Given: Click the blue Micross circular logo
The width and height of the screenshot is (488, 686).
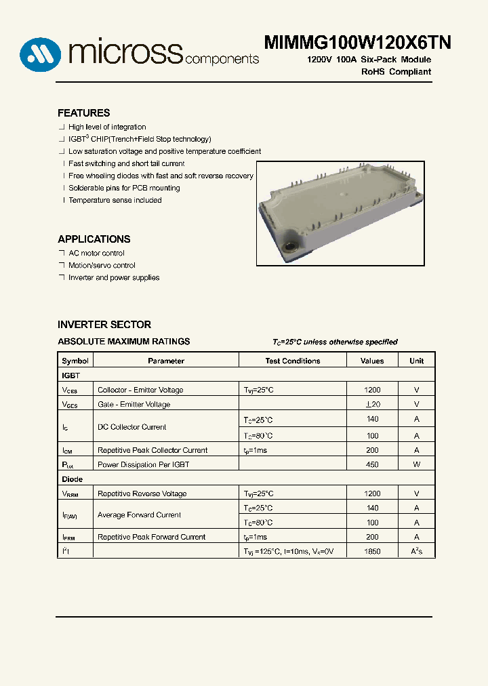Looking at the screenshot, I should [40, 54].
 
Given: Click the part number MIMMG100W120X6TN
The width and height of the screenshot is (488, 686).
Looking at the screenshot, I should [357, 43].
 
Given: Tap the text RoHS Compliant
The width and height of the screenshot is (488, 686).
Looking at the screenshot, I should [396, 72].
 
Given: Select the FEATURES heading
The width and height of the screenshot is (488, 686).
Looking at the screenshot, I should [83, 113].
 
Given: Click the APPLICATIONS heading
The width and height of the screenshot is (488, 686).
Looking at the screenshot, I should [94, 239].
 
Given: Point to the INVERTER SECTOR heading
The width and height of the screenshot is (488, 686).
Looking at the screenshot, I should [104, 325].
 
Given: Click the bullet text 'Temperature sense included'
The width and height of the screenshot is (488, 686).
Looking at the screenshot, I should [115, 201].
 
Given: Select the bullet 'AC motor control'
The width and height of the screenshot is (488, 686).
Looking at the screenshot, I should [96, 254].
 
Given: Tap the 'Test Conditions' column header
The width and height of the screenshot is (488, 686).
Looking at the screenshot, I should [293, 361].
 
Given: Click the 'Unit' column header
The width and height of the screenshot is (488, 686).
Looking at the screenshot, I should [416, 361].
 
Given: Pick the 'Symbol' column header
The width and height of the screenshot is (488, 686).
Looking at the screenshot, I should [75, 361].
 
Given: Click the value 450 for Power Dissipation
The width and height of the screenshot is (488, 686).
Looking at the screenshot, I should [372, 465].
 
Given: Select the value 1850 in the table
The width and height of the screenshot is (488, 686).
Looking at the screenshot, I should [372, 552].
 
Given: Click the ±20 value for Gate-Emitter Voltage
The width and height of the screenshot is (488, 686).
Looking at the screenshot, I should [372, 405].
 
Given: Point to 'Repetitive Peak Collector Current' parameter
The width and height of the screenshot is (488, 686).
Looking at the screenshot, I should [152, 451].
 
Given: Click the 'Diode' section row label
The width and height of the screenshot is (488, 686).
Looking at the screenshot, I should [73, 479].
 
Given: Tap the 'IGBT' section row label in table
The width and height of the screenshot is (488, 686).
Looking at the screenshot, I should [71, 375].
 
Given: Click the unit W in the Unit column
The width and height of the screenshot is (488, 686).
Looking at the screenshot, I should [416, 465].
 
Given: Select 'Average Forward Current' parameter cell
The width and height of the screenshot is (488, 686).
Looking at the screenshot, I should [139, 515].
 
